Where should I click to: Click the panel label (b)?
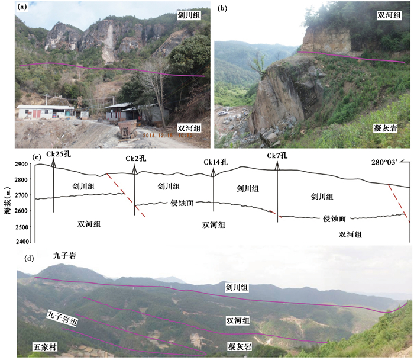click(222, 8)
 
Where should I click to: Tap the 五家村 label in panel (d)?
click(47, 344)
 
